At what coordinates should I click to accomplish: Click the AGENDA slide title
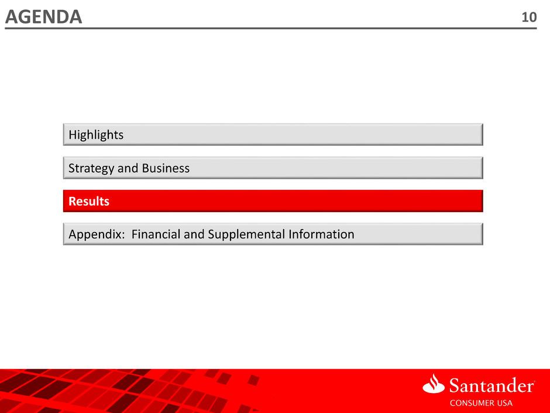click(x=43, y=16)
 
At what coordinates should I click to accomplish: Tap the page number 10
click(x=529, y=17)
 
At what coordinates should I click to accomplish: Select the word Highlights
click(x=96, y=135)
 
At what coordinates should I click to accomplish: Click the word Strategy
click(x=91, y=169)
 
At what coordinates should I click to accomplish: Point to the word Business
click(x=166, y=168)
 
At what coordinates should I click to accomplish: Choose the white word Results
click(x=89, y=202)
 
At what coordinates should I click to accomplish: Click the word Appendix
click(x=95, y=234)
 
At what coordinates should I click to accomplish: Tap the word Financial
click(x=156, y=234)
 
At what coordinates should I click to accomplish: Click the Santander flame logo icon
click(x=434, y=384)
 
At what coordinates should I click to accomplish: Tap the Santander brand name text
click(x=491, y=385)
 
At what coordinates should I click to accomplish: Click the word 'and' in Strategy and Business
click(x=128, y=168)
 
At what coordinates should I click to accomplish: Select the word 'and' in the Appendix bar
click(x=194, y=234)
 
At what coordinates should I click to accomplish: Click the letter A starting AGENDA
click(x=12, y=17)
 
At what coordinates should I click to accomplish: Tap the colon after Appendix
click(x=123, y=235)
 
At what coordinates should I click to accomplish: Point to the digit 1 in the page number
click(x=525, y=17)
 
